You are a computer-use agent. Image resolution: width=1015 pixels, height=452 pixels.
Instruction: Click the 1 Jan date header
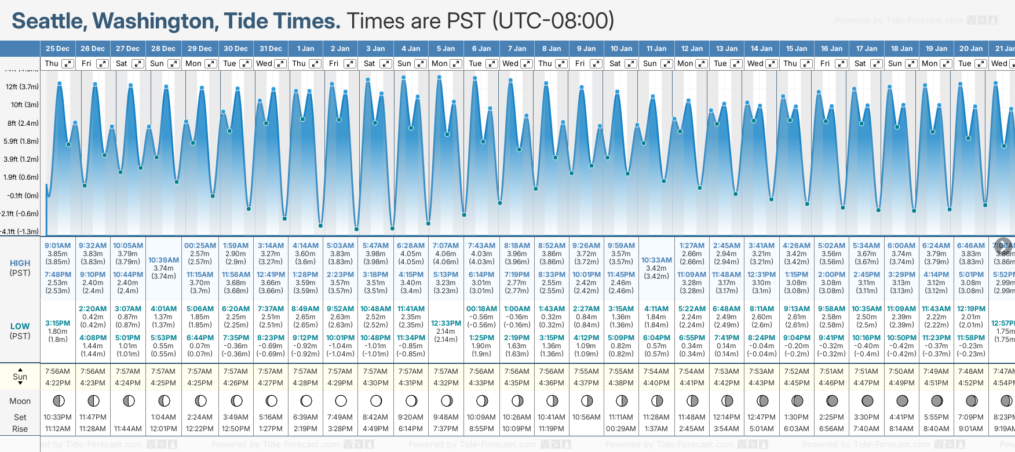(x=305, y=49)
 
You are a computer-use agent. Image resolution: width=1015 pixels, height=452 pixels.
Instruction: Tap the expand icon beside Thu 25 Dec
(x=68, y=64)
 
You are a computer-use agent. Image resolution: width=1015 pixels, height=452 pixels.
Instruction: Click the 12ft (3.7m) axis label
(x=22, y=87)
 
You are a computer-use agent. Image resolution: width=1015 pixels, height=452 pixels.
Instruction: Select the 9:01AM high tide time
(x=57, y=246)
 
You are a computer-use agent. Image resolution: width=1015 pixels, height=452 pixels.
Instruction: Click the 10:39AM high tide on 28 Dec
(x=163, y=260)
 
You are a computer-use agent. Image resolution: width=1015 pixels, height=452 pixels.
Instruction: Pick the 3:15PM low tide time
(x=57, y=323)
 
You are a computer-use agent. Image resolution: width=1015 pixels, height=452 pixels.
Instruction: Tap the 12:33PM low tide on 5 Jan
(x=446, y=323)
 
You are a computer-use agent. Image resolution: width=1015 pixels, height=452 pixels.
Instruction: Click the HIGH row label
(x=20, y=263)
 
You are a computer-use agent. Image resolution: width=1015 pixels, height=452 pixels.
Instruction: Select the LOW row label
(x=20, y=326)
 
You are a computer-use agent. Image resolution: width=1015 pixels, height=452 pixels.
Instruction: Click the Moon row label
(x=20, y=401)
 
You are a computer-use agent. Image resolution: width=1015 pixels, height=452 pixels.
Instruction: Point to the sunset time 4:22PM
(x=57, y=383)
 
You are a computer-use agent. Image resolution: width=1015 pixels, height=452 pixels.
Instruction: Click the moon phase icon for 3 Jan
(x=376, y=400)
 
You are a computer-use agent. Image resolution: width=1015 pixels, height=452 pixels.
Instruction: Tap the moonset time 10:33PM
(x=57, y=417)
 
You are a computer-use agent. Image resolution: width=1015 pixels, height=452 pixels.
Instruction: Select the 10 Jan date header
(x=621, y=49)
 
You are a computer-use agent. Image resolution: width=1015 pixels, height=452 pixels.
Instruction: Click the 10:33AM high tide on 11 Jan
(x=656, y=260)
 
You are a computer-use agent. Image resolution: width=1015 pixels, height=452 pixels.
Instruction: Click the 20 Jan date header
(x=970, y=49)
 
